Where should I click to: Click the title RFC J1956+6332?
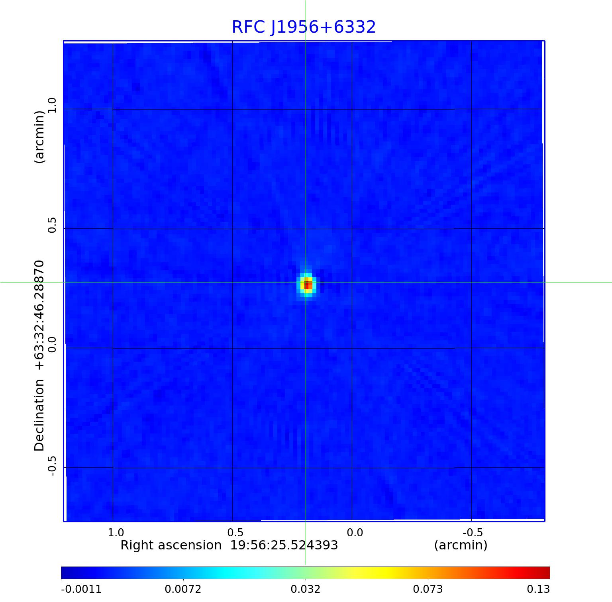click(x=304, y=27)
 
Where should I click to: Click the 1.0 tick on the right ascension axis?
click(x=116, y=532)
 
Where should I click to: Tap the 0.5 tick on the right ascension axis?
click(x=235, y=532)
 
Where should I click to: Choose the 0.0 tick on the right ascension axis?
click(x=355, y=532)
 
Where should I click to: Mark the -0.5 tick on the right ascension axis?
click(x=473, y=532)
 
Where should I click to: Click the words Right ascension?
click(x=171, y=545)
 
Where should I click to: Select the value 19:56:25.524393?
click(x=284, y=545)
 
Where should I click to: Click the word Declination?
click(x=39, y=415)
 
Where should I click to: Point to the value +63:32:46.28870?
click(x=39, y=315)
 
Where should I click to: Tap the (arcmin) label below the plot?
click(x=461, y=545)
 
